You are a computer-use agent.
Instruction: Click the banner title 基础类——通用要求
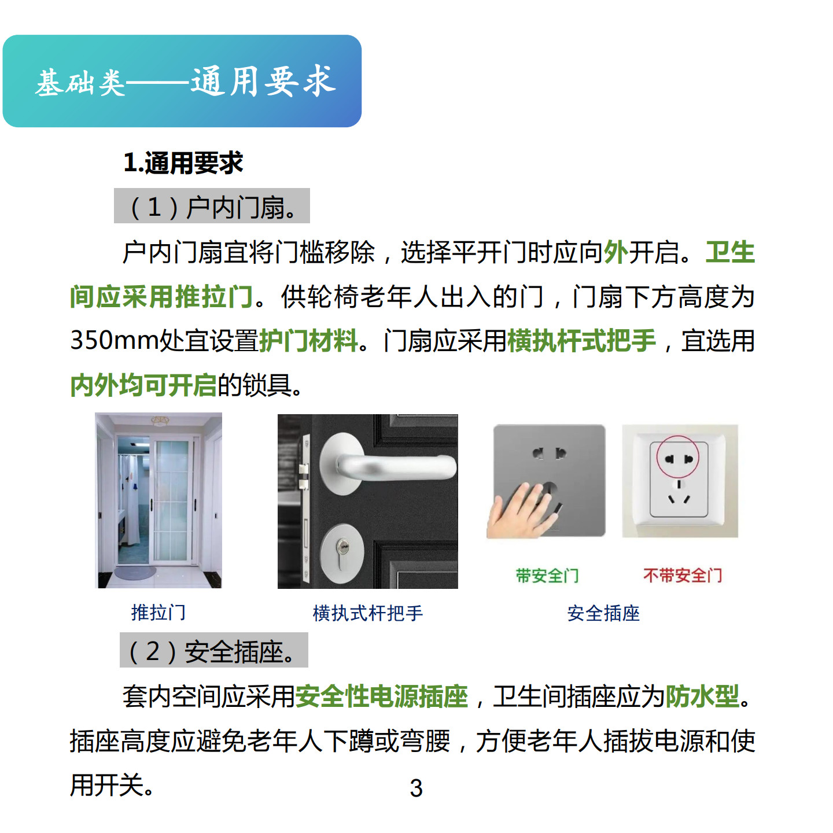(185, 81)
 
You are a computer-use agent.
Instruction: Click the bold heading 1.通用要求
(183, 163)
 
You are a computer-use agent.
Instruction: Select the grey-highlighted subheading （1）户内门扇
(212, 206)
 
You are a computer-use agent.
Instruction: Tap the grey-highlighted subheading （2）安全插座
(213, 651)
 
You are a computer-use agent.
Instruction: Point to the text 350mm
(114, 340)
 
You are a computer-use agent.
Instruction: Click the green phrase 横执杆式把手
(581, 340)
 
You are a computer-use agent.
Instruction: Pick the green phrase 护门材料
(308, 340)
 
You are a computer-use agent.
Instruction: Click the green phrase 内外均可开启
(143, 385)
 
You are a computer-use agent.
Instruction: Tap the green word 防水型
(702, 696)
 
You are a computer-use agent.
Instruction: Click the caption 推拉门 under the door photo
(159, 613)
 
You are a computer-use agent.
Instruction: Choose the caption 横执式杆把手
(368, 613)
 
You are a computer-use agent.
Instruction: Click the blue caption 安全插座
(603, 613)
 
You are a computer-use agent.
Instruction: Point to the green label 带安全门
(547, 576)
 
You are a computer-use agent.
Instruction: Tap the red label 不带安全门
(683, 575)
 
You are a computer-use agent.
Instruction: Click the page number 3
(416, 788)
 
